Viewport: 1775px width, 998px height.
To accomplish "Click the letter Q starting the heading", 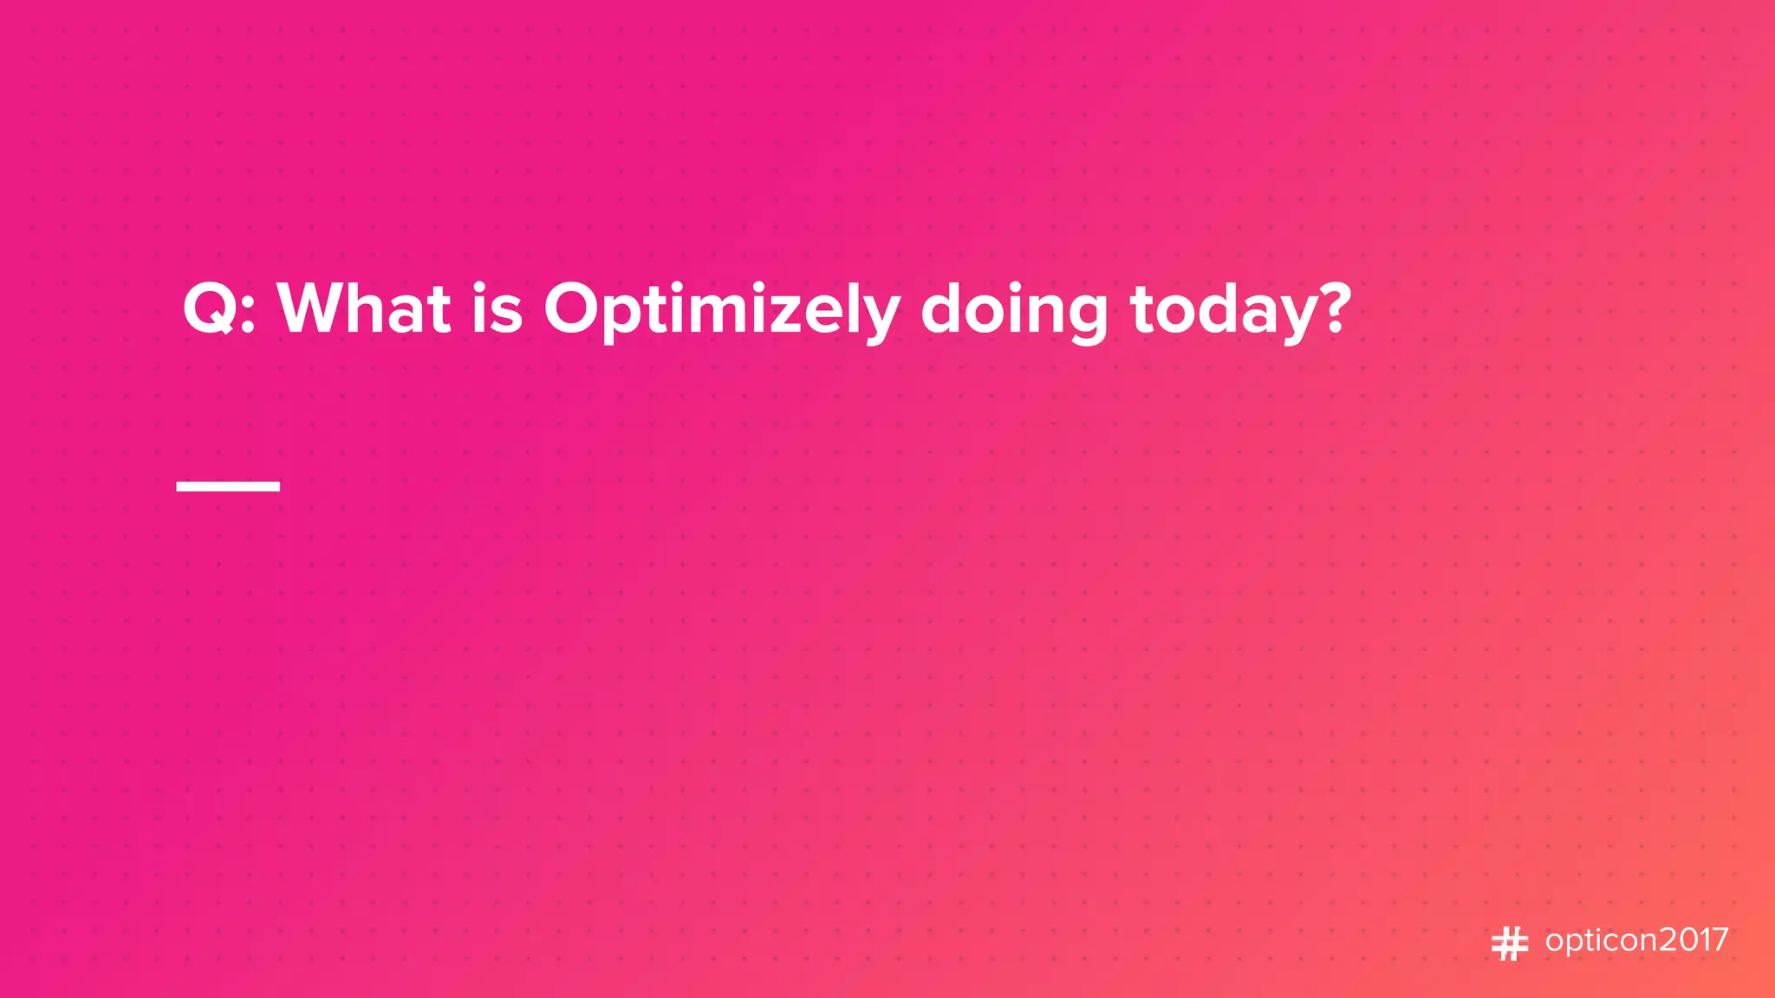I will point(208,308).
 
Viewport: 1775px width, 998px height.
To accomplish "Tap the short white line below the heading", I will point(228,486).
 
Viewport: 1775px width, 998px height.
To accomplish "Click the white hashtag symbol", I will point(1510,943).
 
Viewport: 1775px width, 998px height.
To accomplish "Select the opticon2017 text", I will point(1636,941).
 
